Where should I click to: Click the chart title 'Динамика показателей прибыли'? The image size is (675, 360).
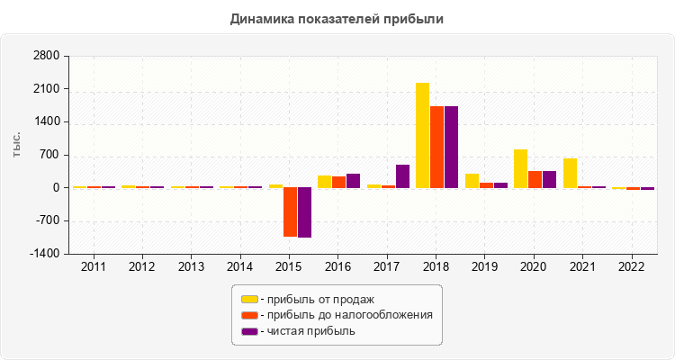337,18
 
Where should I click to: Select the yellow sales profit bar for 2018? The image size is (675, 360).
422,135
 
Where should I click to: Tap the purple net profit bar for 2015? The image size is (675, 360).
304,212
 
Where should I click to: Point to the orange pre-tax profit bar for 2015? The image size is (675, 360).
290,211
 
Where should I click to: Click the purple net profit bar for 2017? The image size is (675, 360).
402,176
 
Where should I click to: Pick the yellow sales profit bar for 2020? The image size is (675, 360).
520,168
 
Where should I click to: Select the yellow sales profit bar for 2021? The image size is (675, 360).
570,173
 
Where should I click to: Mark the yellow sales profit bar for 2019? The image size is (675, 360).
472,181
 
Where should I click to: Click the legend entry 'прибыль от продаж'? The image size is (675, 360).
316,299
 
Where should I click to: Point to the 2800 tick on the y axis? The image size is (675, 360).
46,57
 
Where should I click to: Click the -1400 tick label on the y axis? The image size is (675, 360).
44,254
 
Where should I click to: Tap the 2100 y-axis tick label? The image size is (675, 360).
46,89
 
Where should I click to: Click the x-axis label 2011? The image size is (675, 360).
93,267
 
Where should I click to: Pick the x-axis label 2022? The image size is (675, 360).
632,267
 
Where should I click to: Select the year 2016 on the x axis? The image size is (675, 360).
337,267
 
